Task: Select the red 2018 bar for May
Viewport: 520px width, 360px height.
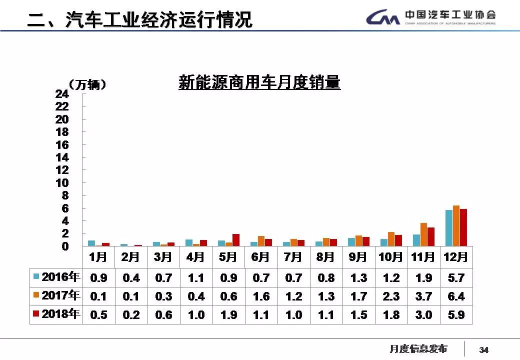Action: point(236,240)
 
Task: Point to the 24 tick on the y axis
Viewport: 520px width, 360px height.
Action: point(62,94)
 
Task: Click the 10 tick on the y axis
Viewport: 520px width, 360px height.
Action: point(62,183)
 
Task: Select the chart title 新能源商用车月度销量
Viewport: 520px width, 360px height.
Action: point(259,82)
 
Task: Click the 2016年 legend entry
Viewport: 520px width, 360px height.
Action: point(56,276)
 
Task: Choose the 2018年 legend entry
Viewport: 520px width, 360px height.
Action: point(56,314)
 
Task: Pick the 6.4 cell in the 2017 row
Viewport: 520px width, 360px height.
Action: point(456,296)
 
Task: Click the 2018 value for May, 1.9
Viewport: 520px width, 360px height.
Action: point(228,315)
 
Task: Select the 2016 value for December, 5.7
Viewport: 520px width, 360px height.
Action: point(456,277)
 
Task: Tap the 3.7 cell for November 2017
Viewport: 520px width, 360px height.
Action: point(423,296)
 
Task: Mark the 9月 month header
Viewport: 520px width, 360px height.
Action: point(358,257)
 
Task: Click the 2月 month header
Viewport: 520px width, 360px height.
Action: point(130,257)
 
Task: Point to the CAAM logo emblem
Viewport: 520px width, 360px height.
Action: point(382,18)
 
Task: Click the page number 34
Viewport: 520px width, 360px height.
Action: point(483,349)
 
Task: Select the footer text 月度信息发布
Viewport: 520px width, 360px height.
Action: point(418,349)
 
